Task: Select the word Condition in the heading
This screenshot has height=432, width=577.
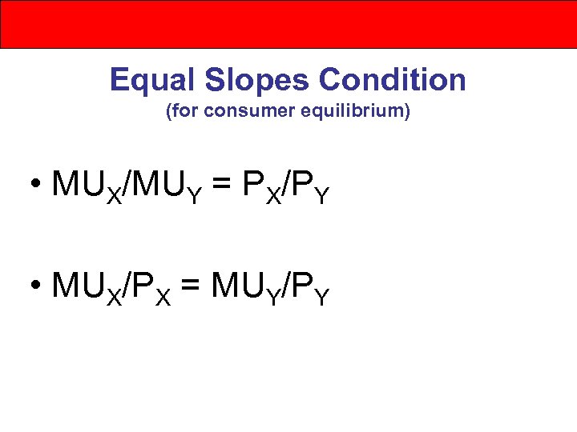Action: [x=393, y=80]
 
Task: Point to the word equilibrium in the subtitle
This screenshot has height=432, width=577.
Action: [x=348, y=113]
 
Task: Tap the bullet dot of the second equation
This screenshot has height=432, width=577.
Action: [x=37, y=286]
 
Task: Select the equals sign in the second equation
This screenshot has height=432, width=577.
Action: [x=189, y=286]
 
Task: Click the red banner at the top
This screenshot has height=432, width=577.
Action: [x=288, y=24]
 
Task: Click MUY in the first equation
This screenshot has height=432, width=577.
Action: [x=171, y=187]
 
